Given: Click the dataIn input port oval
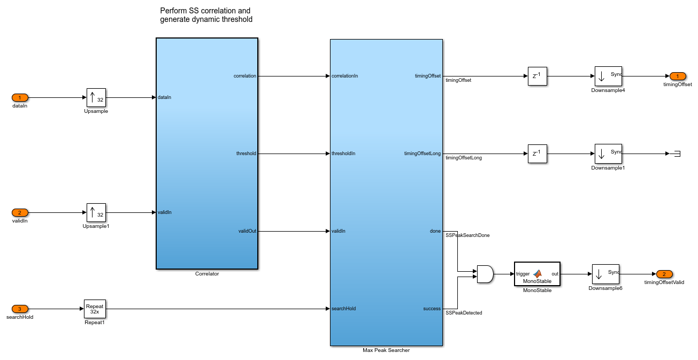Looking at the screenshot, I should tap(20, 98).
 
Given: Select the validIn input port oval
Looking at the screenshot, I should tap(20, 212).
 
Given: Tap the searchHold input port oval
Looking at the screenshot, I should tap(20, 309).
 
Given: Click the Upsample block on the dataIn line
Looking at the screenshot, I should tap(96, 98).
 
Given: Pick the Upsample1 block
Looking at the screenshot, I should tap(96, 212).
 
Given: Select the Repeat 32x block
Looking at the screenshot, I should tap(95, 309).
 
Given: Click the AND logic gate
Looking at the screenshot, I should tap(485, 274).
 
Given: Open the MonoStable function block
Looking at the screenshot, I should tap(536, 274).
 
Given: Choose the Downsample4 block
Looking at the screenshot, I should tap(608, 76).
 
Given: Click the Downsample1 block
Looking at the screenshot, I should tap(608, 154).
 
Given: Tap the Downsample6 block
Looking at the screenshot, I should tap(605, 274).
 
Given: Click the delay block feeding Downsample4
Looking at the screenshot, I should tap(537, 76).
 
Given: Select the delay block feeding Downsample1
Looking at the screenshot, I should tap(537, 154).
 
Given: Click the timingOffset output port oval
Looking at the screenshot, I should tap(678, 76).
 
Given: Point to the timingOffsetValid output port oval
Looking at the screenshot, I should tap(664, 274).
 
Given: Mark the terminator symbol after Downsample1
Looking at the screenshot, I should tap(676, 154).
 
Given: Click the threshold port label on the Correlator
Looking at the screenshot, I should tap(246, 154).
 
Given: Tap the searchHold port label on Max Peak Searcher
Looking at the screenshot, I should tap(343, 309).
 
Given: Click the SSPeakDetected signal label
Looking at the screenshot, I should tap(464, 312).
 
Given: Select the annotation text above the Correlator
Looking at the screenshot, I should tap(206, 15).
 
